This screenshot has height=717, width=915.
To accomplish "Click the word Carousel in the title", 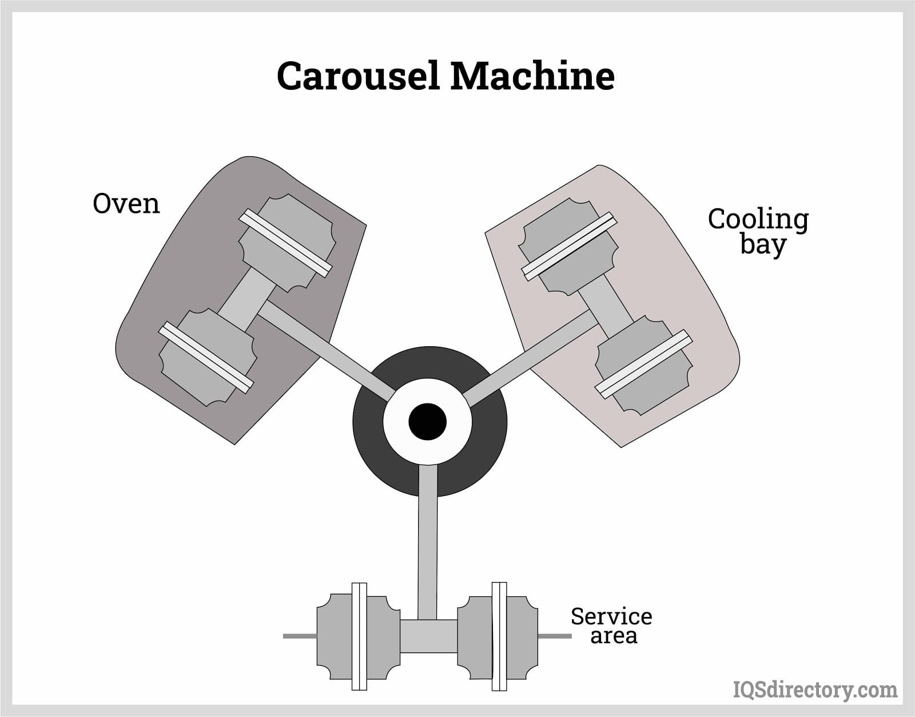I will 358,76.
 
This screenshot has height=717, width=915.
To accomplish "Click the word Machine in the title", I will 532,76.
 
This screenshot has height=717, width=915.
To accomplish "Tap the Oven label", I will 126,203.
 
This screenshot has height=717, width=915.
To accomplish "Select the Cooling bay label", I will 758,231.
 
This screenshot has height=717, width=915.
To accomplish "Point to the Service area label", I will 611,625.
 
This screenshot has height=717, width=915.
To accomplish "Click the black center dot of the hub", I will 428,422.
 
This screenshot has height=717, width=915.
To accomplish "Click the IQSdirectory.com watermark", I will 815,690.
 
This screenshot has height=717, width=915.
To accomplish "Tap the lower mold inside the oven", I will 206,358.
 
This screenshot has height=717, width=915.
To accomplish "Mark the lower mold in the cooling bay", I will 643,363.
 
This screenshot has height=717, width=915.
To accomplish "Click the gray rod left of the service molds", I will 300,636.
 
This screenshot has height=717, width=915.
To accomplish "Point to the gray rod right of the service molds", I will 554,636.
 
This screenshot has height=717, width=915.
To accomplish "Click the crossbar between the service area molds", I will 428,636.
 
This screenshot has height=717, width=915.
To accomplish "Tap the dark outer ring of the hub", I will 372,452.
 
